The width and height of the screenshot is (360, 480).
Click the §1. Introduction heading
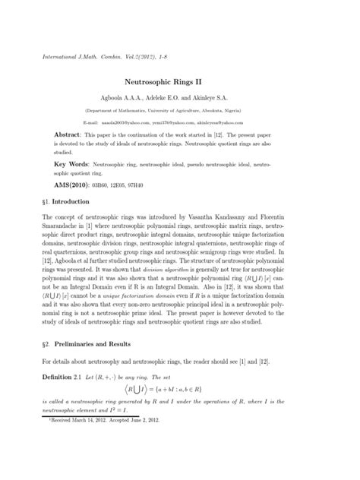tap(68, 201)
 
